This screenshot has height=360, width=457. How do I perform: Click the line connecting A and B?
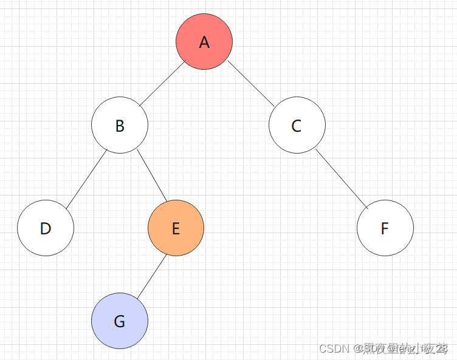[162, 84]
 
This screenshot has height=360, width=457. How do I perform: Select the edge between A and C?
[251, 84]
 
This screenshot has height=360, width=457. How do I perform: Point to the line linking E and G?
[151, 277]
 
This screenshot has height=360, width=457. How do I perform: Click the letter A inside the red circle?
[204, 42]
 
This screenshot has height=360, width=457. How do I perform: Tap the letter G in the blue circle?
[120, 322]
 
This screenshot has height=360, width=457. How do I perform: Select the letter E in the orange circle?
[176, 228]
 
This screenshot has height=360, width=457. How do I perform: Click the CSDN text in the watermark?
[332, 348]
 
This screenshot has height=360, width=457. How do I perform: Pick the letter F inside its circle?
[385, 228]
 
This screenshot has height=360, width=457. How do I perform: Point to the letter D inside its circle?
[46, 228]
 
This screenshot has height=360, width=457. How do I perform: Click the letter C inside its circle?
[297, 126]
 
